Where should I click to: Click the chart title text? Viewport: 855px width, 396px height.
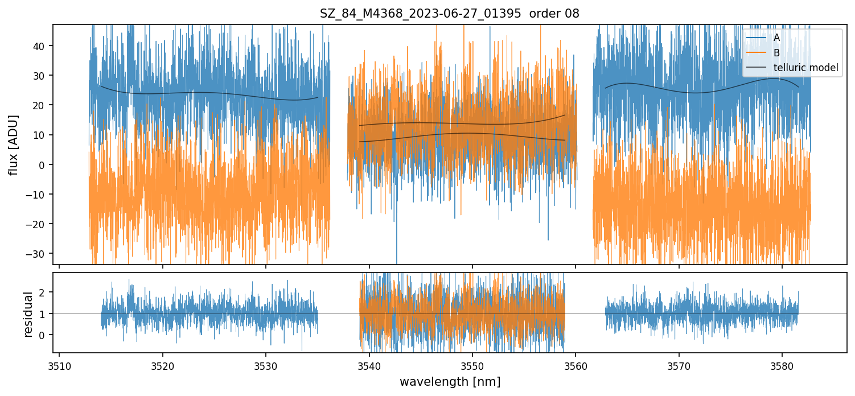pos(449,14)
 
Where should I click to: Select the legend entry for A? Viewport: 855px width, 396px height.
pos(776,38)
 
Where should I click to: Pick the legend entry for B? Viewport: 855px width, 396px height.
pos(776,53)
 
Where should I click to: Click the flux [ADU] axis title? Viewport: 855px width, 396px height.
pos(13,145)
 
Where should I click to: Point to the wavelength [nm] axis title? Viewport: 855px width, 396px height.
pos(450,381)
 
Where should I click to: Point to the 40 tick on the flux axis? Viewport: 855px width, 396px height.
pos(39,46)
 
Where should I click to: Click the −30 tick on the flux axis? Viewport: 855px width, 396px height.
pos(37,254)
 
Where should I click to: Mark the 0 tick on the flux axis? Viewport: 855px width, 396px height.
pos(44,164)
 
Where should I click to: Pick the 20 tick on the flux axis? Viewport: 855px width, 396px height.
pos(39,105)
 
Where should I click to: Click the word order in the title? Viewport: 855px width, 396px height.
pos(545,14)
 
